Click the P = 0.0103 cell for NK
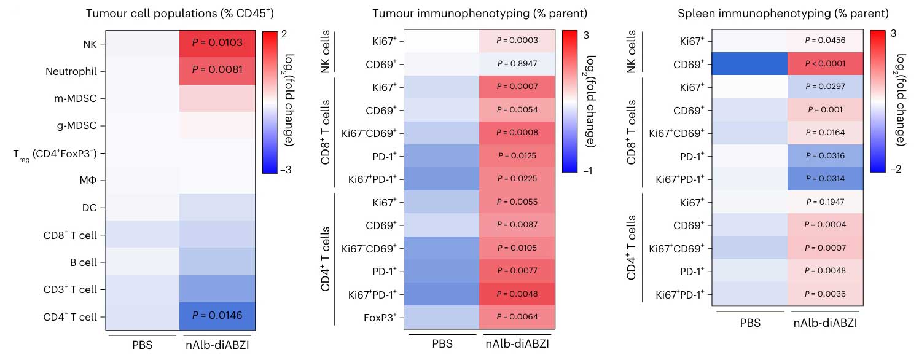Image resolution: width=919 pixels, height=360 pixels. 217,43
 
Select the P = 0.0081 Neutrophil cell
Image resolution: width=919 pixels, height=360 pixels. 217,71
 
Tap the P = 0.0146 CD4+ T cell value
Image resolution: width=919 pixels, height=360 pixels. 217,317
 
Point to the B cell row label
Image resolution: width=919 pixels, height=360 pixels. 85,262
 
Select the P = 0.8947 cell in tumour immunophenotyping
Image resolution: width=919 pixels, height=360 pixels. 517,63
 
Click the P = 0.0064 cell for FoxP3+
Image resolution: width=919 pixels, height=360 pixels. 517,317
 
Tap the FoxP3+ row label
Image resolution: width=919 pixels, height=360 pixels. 381,317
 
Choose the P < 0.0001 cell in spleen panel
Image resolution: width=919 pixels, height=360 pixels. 827,63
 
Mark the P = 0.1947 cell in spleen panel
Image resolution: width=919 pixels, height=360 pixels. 827,202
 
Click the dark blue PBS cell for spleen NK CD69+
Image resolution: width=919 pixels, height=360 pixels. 750,63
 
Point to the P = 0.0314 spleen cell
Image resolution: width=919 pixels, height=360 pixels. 827,179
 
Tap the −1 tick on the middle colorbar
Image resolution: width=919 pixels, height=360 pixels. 586,170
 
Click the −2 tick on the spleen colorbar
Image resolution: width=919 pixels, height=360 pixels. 896,170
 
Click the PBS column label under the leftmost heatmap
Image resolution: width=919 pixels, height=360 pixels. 143,345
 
